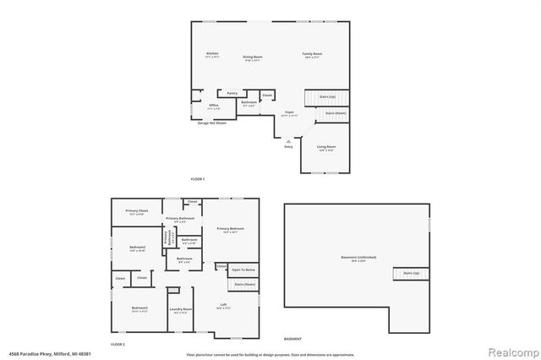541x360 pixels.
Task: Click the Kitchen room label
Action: [212, 54]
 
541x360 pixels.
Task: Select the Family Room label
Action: [312, 54]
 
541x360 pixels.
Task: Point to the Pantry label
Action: [231, 93]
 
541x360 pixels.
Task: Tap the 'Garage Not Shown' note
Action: [212, 123]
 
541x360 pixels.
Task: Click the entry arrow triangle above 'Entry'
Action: [289, 140]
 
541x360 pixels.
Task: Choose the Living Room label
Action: [326, 147]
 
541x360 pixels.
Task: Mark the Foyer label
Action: [289, 112]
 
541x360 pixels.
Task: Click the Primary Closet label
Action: [137, 212]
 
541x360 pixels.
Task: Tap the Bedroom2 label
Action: [139, 248]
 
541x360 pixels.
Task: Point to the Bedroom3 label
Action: [139, 308]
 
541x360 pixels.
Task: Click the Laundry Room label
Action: [181, 310]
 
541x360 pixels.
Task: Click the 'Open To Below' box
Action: [243, 270]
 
